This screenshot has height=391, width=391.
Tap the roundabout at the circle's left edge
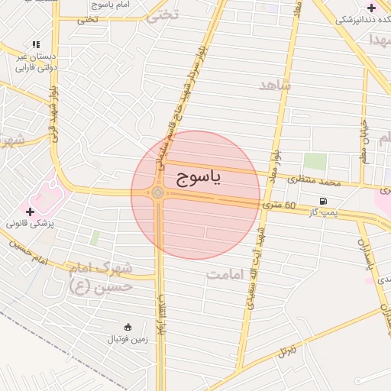point(158,194)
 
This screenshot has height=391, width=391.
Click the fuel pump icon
point(324,201)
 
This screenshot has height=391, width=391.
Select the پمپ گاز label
point(322,211)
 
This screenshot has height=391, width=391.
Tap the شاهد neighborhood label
point(275,85)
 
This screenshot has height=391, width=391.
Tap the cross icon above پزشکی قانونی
point(31,212)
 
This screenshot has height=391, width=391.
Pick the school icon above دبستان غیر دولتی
point(36,45)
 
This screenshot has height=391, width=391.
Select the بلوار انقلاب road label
point(161,314)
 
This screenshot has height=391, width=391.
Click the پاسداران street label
point(364,251)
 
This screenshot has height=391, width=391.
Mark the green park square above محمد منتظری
point(315,162)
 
